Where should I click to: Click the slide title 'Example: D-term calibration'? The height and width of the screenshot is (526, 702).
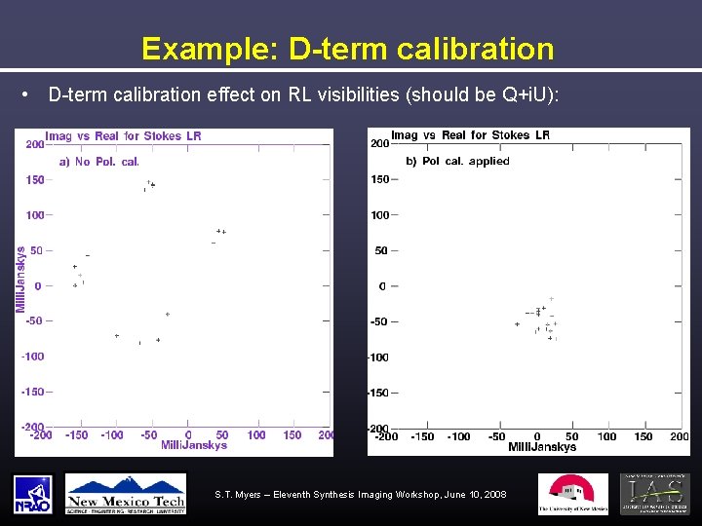point(347,49)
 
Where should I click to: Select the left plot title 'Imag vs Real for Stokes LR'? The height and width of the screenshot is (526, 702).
point(124,136)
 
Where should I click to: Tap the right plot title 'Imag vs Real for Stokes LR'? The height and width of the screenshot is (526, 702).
point(470,135)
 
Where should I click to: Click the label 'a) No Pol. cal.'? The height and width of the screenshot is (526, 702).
point(99,162)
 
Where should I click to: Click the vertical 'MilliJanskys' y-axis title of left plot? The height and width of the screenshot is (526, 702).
point(20,279)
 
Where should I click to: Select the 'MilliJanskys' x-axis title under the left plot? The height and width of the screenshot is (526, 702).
point(194,445)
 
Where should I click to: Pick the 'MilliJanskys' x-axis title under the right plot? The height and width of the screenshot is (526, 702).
point(542,447)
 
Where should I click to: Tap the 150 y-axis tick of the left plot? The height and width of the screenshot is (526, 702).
point(35,179)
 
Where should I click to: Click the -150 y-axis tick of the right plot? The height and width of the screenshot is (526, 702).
point(378,393)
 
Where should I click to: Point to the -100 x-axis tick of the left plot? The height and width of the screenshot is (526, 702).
point(112,434)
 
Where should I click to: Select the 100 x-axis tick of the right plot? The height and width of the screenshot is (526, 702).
point(606,436)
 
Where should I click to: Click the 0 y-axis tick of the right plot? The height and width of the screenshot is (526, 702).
point(382,286)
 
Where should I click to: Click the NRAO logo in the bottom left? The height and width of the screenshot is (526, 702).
point(33,494)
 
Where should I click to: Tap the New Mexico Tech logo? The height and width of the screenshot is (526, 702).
point(126,494)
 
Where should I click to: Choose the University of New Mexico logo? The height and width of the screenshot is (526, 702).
point(572,494)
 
